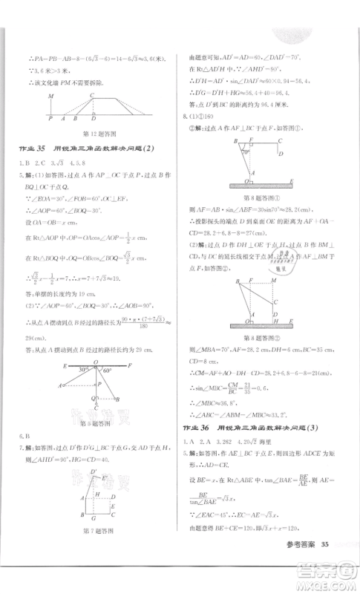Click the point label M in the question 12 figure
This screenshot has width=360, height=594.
(x=50, y=96)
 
